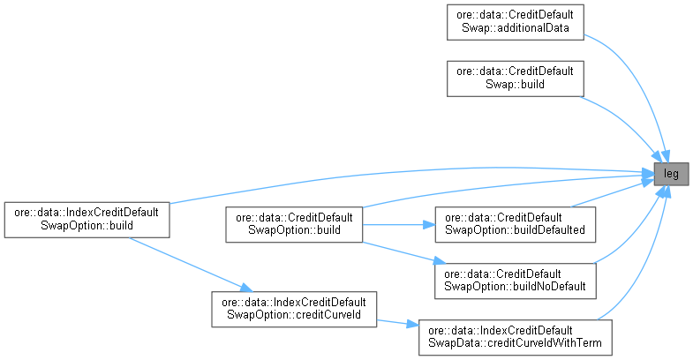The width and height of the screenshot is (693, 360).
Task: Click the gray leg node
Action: (x=672, y=175)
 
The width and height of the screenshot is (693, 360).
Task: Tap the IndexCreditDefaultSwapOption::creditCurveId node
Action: (x=292, y=308)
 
